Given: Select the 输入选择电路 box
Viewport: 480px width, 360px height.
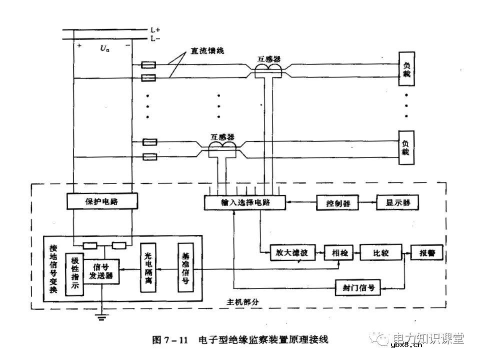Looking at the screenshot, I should coord(244,202).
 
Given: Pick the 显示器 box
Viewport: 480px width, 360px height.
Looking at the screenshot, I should coord(397,202).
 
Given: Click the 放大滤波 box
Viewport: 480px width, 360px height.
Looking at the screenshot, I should coord(289,253).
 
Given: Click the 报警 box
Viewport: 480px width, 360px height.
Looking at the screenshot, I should coord(426,253).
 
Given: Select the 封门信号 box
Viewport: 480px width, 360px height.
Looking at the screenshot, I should coord(358,288).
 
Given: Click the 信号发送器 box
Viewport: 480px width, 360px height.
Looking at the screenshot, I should coord(101,271).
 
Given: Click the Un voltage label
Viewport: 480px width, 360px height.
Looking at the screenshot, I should coord(104,48).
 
